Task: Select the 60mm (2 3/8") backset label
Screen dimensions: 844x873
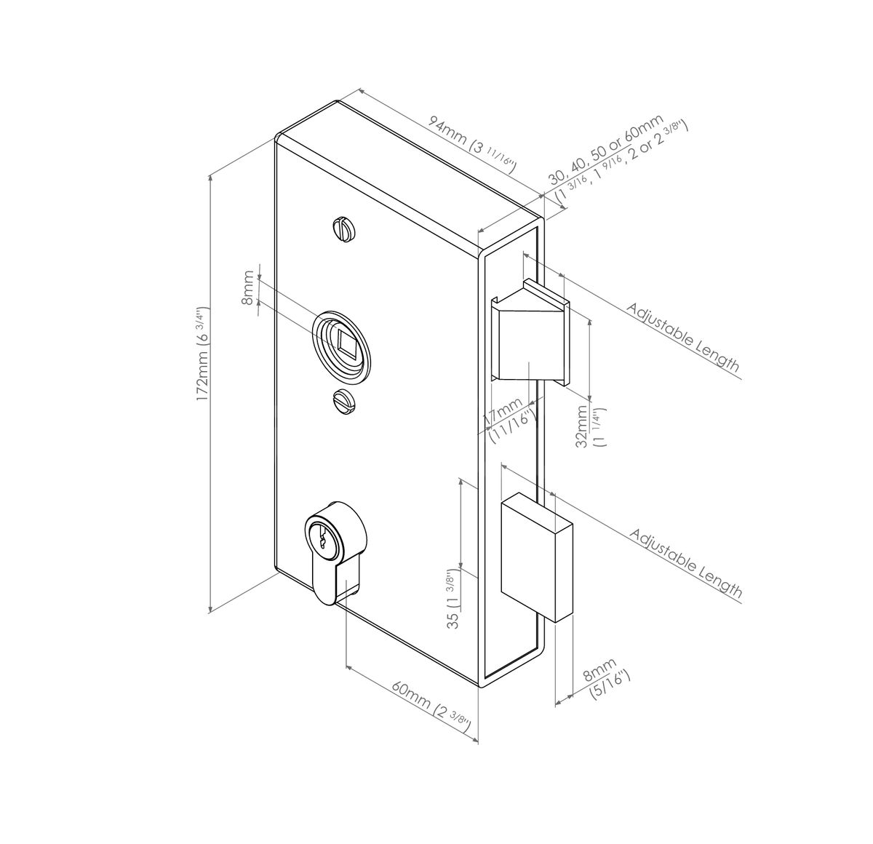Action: pyautogui.click(x=431, y=705)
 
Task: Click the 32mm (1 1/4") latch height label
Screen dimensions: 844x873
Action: pyautogui.click(x=588, y=430)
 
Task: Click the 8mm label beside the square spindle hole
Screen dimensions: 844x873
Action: pyautogui.click(x=250, y=287)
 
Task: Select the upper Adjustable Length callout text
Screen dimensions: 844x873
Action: pyautogui.click(x=682, y=337)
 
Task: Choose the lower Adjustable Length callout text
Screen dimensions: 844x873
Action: pyautogui.click(x=685, y=563)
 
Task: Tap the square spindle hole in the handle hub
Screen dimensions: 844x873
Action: pyautogui.click(x=348, y=341)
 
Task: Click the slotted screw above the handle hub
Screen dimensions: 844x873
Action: pyautogui.click(x=343, y=229)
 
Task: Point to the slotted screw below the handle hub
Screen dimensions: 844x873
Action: pyautogui.click(x=343, y=400)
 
